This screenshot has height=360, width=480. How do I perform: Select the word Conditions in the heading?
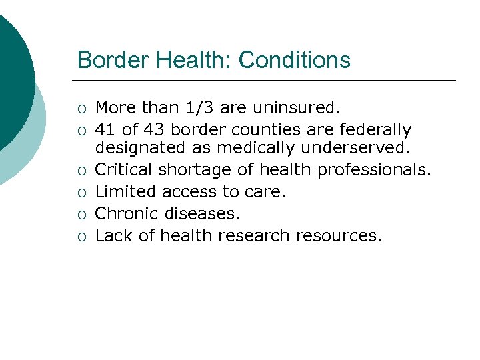[294, 60]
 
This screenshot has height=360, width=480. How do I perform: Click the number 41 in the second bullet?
[105, 129]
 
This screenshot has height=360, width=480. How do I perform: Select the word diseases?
[199, 214]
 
